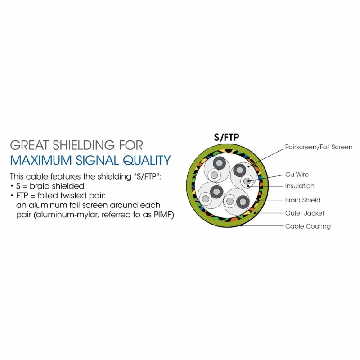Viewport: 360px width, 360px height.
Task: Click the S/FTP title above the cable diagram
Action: [226, 137]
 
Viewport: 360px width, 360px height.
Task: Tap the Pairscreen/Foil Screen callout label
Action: [319, 147]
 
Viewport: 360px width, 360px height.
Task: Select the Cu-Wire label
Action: [297, 175]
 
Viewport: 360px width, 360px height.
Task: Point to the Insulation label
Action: [300, 186]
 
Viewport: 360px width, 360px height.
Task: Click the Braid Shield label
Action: [302, 200]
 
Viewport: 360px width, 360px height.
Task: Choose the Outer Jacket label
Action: [305, 213]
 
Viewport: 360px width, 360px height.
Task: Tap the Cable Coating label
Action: [308, 226]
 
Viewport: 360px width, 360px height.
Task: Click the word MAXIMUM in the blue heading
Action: [41, 160]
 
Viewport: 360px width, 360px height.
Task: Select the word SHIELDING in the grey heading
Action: [84, 145]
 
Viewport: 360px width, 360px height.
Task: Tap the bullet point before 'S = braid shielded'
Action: [12, 186]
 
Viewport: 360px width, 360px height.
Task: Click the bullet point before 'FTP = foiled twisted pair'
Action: [12, 196]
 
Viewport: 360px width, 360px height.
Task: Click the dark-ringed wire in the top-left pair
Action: [219, 163]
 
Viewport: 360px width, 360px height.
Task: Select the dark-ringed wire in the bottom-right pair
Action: [243, 202]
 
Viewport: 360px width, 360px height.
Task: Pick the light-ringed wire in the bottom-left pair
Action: [206, 199]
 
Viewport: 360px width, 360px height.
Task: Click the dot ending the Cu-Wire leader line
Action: [249, 181]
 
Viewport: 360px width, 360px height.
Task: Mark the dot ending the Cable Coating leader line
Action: [241, 225]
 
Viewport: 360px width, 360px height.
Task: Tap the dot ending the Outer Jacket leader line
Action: [255, 213]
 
